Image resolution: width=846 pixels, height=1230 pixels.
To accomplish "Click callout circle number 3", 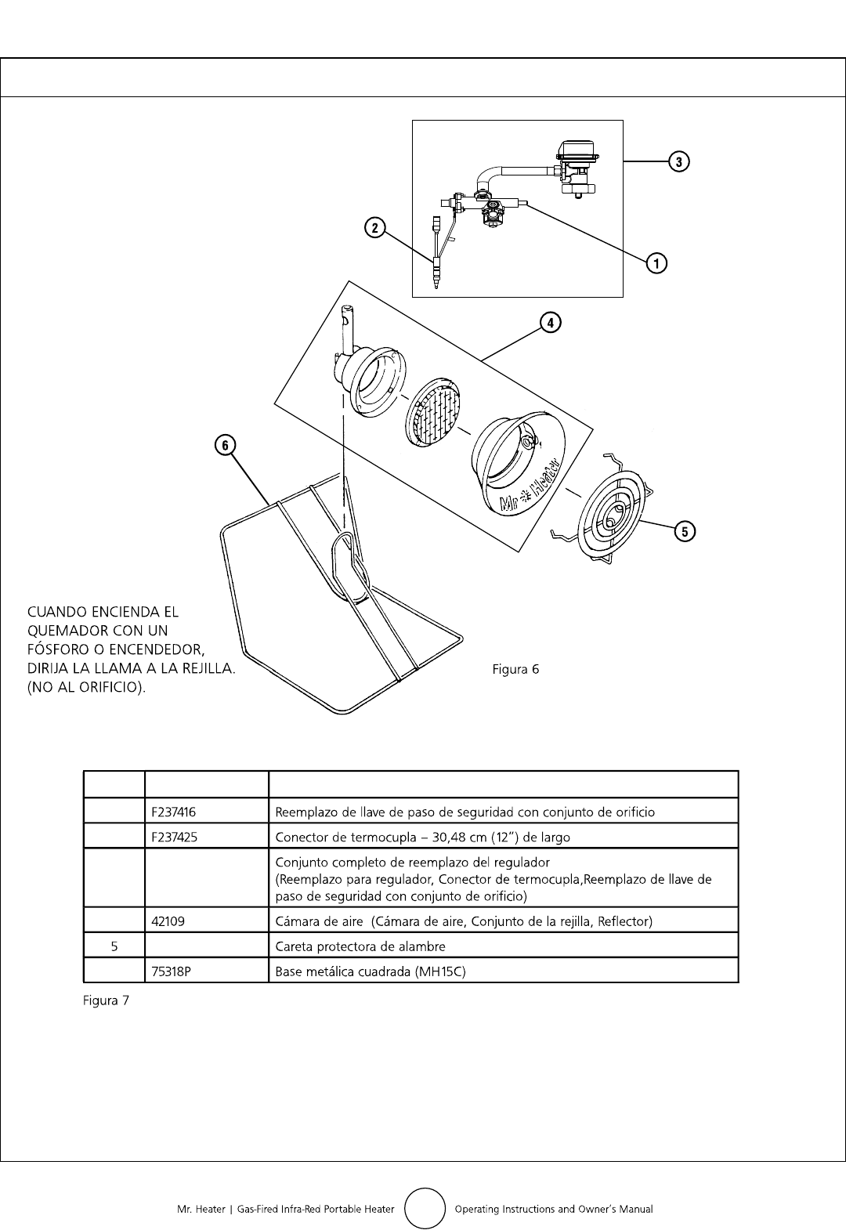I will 678,161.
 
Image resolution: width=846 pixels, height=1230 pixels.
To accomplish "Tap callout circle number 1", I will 656,262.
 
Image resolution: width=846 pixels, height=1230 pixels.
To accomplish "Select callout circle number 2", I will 375,228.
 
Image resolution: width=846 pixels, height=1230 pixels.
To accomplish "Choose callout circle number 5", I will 685,532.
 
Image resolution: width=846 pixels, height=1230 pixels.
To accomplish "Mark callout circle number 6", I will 225,445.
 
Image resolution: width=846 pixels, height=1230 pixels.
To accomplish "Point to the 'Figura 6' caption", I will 515,669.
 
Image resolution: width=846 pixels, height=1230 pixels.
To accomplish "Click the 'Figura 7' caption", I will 106,1000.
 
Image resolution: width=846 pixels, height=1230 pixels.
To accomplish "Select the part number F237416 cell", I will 175,812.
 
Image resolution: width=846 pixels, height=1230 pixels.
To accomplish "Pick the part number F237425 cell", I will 175,837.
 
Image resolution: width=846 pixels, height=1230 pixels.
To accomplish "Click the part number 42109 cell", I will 168,921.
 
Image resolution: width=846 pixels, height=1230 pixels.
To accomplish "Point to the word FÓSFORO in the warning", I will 60,650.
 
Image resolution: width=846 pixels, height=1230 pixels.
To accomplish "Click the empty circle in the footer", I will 425,1209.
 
